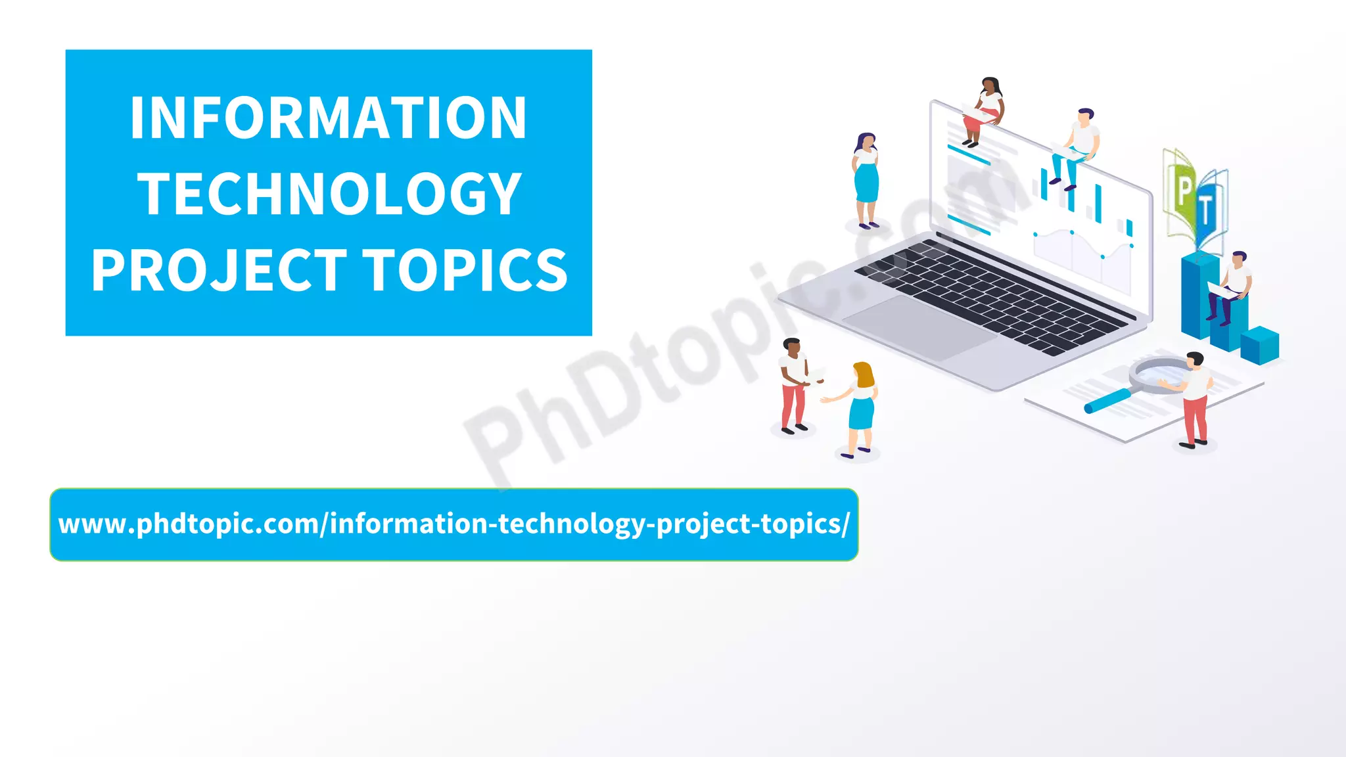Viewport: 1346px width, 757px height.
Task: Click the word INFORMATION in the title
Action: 329,118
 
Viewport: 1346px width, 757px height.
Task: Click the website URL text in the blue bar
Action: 453,524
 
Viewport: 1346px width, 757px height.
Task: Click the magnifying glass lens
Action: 1160,375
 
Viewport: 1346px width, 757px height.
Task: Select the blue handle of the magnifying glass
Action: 1107,401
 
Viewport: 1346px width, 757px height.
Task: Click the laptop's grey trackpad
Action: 920,325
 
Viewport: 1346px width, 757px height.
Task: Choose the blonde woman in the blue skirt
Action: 860,407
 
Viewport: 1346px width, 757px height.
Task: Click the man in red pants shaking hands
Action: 794,384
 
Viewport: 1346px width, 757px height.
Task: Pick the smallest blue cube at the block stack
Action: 1260,345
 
